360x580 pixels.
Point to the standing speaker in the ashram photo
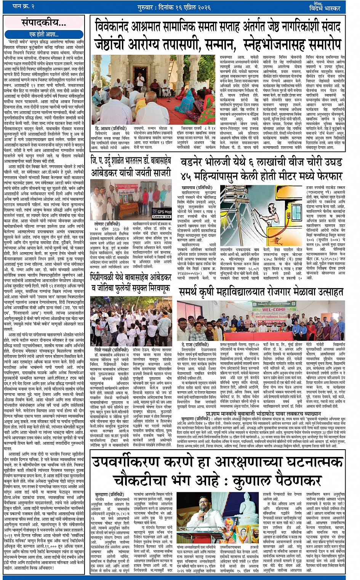point(141,80)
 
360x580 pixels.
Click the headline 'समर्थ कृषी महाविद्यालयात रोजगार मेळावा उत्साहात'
point(261,292)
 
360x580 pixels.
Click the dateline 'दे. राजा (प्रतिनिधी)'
point(195,344)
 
